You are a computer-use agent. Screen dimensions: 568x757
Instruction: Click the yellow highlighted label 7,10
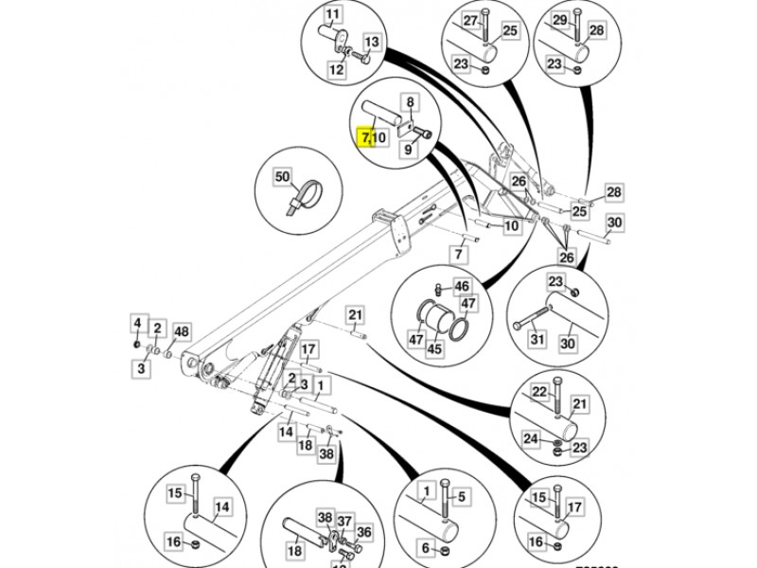375,138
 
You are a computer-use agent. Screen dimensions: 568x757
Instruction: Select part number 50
282,177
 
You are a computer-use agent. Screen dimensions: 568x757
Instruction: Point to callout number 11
333,15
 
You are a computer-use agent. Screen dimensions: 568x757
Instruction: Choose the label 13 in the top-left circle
371,42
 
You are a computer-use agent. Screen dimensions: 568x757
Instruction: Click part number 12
338,69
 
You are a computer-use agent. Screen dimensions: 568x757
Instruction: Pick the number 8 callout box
411,102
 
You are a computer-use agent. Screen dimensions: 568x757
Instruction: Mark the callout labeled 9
410,149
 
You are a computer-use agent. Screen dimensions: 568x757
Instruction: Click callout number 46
462,285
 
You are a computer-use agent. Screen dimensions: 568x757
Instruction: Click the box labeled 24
532,438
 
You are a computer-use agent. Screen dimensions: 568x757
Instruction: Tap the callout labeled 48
181,331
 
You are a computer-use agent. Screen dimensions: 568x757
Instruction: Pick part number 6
426,550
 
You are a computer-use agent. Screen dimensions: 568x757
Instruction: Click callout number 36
364,532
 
